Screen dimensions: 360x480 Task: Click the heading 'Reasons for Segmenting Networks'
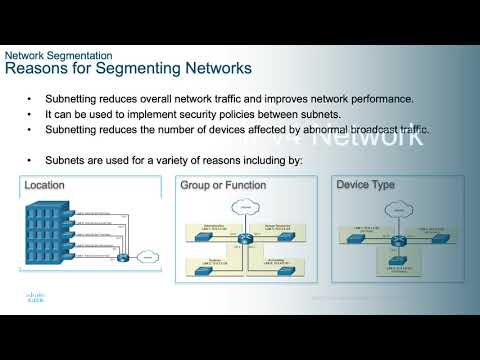click(x=129, y=69)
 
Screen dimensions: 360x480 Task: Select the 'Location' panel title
click(x=45, y=186)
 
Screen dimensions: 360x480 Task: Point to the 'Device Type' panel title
click(x=365, y=185)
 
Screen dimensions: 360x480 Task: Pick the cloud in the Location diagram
click(x=147, y=257)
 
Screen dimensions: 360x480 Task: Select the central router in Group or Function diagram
click(x=242, y=240)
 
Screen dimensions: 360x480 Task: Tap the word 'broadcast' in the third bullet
click(x=371, y=130)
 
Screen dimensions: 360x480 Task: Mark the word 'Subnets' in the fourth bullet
click(x=64, y=159)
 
